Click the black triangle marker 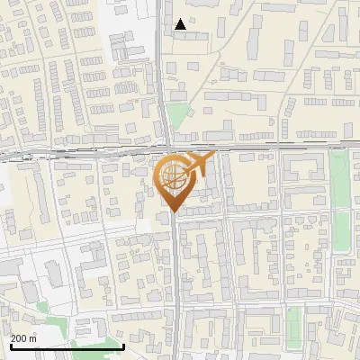[181, 24]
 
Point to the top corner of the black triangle [181, 19]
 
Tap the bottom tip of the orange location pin [172, 211]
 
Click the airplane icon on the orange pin [198, 163]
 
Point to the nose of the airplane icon [212, 156]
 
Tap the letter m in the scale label [33, 338]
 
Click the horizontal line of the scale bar [67, 346]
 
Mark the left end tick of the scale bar [11, 345]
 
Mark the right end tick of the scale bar [123, 345]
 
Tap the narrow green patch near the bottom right [294, 317]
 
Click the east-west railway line [270, 146]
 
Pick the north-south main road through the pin [175, 270]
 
